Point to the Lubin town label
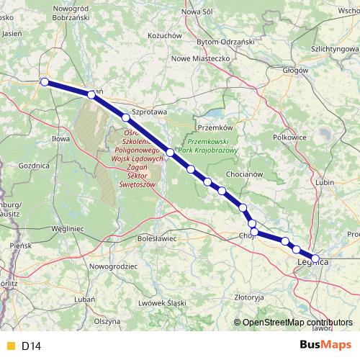[x=325, y=182]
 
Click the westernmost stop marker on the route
[x=45, y=82]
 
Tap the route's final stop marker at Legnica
[x=315, y=258]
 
